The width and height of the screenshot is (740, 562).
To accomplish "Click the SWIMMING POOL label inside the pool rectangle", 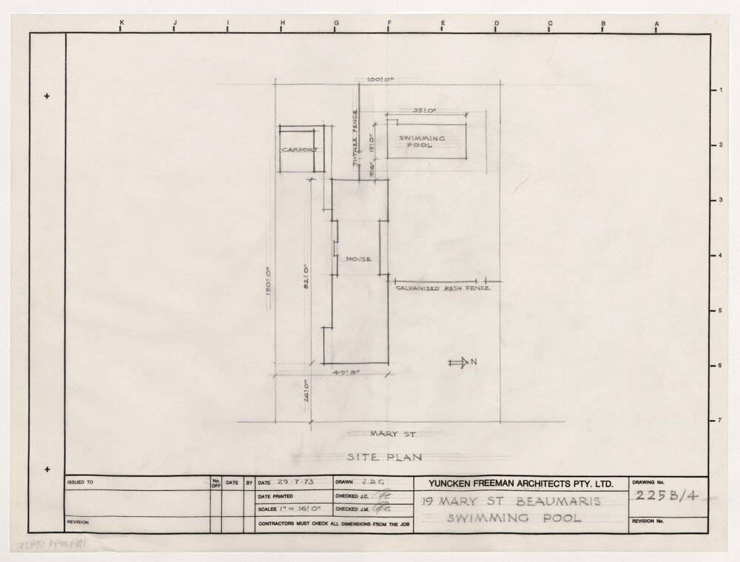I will [422, 141].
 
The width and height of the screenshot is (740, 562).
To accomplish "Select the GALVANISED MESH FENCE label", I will [443, 288].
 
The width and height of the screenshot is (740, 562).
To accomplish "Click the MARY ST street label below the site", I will [385, 432].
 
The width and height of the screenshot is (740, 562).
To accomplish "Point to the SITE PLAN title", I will [384, 458].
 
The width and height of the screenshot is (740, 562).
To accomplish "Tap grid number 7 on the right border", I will [720, 421].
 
